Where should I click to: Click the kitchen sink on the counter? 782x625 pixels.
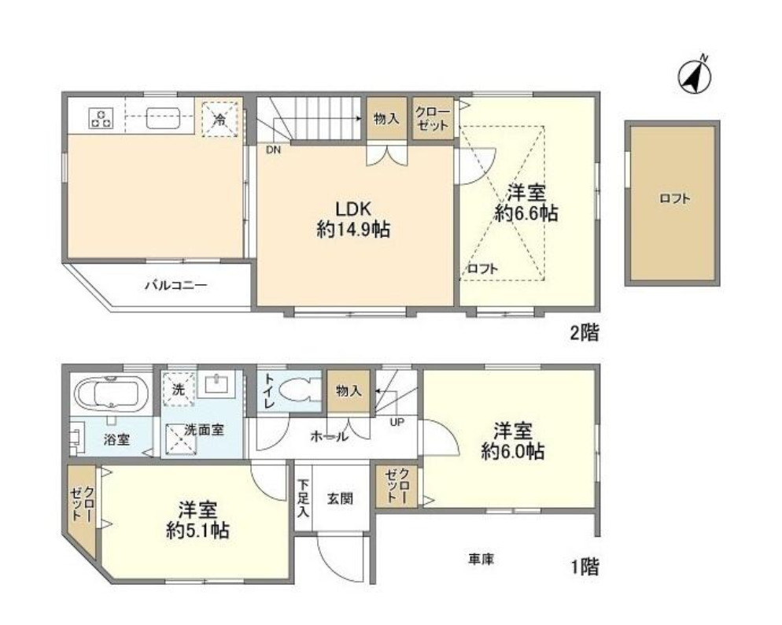click(x=164, y=118)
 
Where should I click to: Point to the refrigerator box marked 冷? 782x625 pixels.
click(x=219, y=120)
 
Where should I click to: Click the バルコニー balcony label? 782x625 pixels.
click(x=175, y=286)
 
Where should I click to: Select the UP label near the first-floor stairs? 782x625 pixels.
click(x=398, y=422)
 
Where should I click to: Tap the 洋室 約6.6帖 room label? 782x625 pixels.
click(x=526, y=202)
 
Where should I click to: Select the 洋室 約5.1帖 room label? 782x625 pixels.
click(x=197, y=520)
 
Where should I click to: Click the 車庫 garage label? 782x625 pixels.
click(x=481, y=558)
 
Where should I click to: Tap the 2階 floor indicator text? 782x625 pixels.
click(x=584, y=333)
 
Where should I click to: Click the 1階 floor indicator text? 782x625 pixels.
click(x=584, y=566)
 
